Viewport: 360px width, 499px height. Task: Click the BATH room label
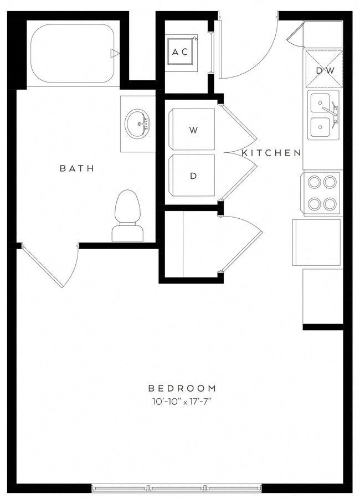click(77, 168)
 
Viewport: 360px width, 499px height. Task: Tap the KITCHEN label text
click(271, 153)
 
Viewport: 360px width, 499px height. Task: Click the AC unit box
click(181, 52)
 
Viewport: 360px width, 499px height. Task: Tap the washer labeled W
click(193, 130)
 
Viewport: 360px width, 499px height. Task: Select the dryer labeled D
click(193, 176)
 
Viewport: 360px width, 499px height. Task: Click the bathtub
click(72, 53)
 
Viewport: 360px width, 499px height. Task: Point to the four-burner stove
click(323, 192)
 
